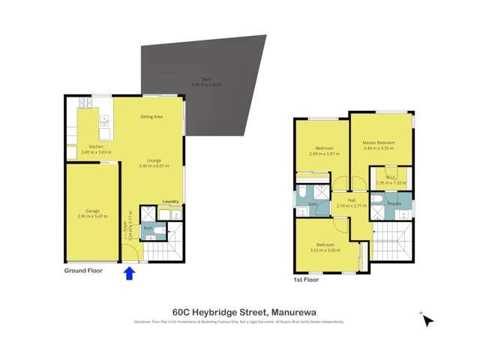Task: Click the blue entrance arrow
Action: point(129,273)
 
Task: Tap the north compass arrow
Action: point(427,320)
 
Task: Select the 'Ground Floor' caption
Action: point(83,270)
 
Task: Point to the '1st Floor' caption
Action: point(306,280)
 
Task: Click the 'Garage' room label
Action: point(92,211)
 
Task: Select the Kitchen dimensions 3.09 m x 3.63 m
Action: point(96,152)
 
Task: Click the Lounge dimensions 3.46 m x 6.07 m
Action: point(154,166)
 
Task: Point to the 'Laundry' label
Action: point(170,202)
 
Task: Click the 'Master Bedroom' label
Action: point(379,142)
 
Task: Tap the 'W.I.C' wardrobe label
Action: point(391,178)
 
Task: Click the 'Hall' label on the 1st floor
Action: point(351,200)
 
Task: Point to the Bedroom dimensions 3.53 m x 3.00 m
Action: point(325,250)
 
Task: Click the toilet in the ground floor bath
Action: point(160,229)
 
